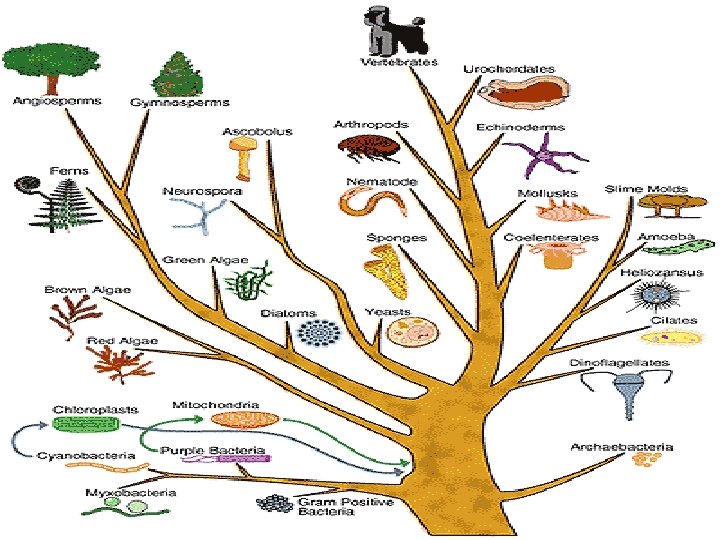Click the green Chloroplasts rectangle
click(84, 425)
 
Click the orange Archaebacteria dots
click(649, 460)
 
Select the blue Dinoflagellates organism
click(628, 391)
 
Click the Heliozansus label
click(654, 272)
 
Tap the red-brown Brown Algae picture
click(66, 319)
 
